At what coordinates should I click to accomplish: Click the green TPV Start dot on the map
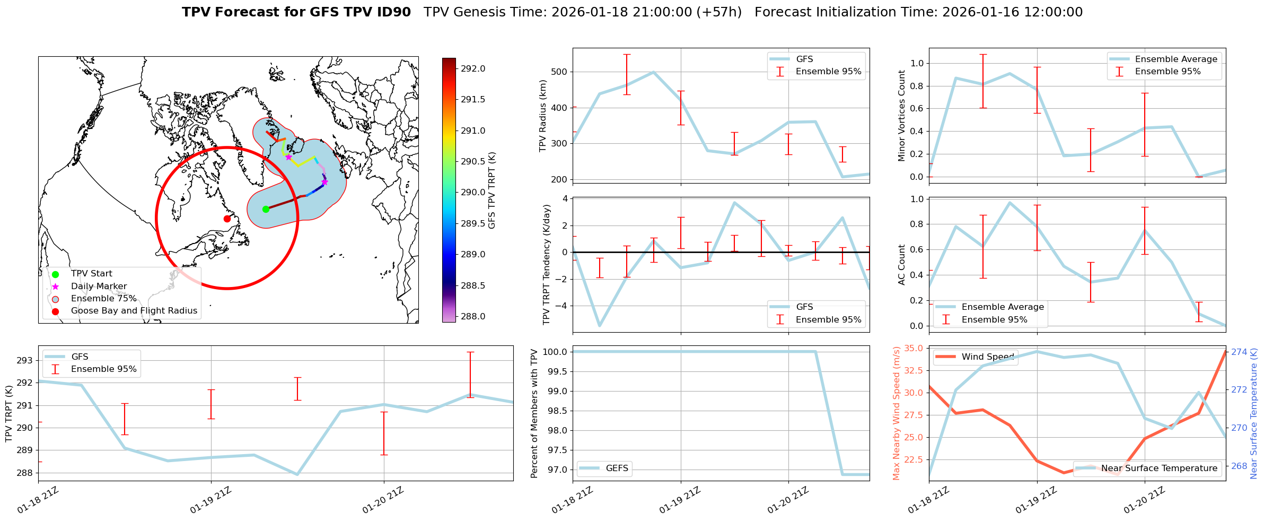pyautogui.click(x=266, y=209)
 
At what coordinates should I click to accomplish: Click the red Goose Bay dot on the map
pyautogui.click(x=227, y=219)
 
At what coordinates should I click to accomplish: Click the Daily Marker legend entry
pyautogui.click(x=99, y=286)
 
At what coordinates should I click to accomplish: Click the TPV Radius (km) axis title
pyautogui.click(x=542, y=116)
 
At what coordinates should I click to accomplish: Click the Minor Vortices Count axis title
pyautogui.click(x=901, y=116)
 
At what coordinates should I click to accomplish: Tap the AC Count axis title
pyautogui.click(x=901, y=265)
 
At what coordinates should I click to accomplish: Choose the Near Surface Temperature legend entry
pyautogui.click(x=1159, y=468)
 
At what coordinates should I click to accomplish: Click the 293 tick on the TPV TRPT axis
pyautogui.click(x=25, y=360)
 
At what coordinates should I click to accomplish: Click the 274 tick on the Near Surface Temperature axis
pyautogui.click(x=1239, y=352)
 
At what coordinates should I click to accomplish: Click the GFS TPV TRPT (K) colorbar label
pyautogui.click(x=491, y=190)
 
